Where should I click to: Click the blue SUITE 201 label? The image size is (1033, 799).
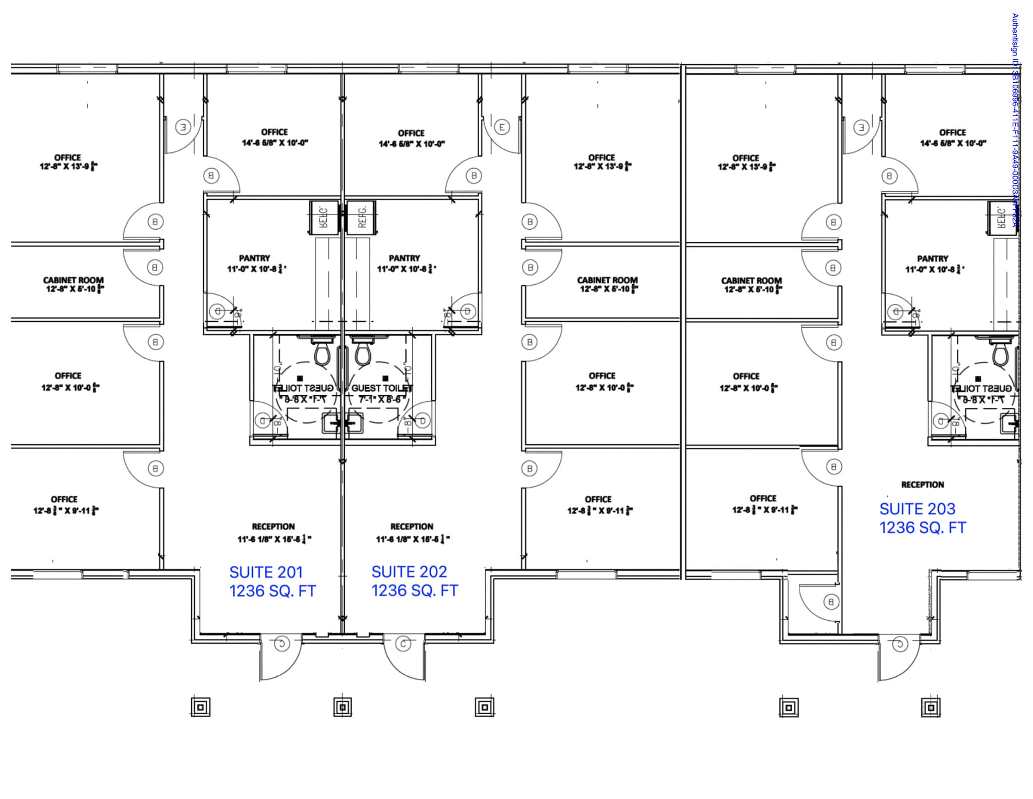pos(266,572)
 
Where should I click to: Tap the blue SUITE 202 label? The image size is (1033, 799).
pos(409,572)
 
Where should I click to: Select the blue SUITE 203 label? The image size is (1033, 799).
pos(917,509)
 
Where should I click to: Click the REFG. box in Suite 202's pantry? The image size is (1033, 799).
pos(362,217)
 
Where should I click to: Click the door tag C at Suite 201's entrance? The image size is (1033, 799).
pos(281,644)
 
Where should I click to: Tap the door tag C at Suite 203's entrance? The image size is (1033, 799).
pos(900,644)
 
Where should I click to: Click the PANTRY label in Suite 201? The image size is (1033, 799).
pos(254,258)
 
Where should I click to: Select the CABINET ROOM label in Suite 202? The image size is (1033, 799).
pos(607,280)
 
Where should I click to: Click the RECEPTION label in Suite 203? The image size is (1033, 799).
pos(923,485)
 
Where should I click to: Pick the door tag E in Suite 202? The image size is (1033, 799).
pos(502,127)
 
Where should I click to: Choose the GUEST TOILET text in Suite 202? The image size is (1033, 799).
pos(381,388)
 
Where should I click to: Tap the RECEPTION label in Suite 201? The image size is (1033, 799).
pos(273,526)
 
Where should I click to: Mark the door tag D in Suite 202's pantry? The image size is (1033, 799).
pos(468,311)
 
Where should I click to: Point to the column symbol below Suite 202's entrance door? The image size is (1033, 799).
pos(484,707)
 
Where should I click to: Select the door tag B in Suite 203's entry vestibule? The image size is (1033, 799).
pos(831,602)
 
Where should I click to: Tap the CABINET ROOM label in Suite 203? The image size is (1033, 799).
pos(751,280)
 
